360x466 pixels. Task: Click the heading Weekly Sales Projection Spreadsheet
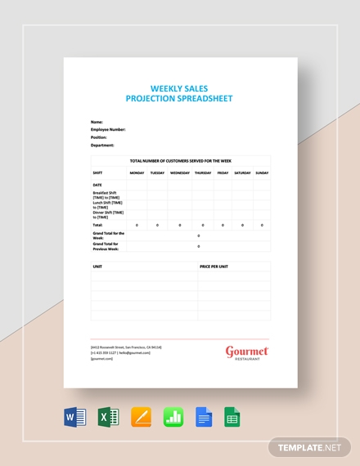pos(180,93)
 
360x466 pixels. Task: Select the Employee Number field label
pos(108,129)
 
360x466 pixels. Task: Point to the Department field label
pos(102,145)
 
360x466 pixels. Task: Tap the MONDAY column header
pos(137,173)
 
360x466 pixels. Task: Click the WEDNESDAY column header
pos(180,173)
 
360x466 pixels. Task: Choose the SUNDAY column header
pos(262,173)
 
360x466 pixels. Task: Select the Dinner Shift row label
pos(106,215)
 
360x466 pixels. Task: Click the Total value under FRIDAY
pos(223,225)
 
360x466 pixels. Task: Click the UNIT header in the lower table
pos(97,267)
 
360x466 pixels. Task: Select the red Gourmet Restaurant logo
pos(247,352)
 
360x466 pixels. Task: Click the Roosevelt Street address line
pos(126,347)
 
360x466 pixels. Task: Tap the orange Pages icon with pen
pos(141,417)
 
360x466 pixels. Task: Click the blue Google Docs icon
pos(205,417)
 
